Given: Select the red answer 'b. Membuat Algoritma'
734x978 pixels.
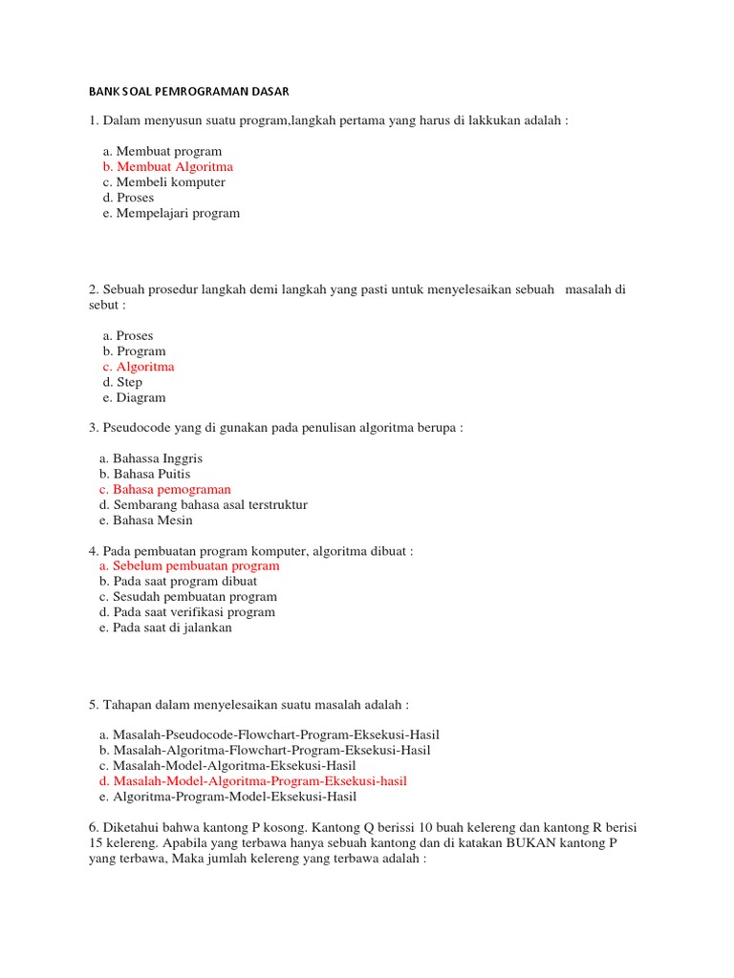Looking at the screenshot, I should (x=167, y=167).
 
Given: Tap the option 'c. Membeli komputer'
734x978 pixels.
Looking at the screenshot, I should (x=163, y=182).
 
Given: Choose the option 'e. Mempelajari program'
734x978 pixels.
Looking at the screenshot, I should (x=171, y=213).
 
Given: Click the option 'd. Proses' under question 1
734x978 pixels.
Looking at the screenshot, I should (x=128, y=198).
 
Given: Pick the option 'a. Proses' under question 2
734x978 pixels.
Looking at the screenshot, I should (x=127, y=336).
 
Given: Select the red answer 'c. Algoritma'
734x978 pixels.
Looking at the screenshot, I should (x=139, y=367).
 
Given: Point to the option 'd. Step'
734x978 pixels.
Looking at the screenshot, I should (x=122, y=382).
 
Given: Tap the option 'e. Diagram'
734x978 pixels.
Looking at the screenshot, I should (x=134, y=397).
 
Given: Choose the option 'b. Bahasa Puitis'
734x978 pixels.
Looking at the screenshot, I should (x=144, y=474).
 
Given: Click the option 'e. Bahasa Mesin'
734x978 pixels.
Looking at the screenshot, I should (x=145, y=521).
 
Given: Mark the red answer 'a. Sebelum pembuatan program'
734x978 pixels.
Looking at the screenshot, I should (x=189, y=566).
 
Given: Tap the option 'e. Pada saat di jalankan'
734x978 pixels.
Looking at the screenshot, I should (x=165, y=627).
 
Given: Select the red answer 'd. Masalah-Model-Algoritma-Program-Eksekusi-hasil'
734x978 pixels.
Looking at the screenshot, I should (x=252, y=781).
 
